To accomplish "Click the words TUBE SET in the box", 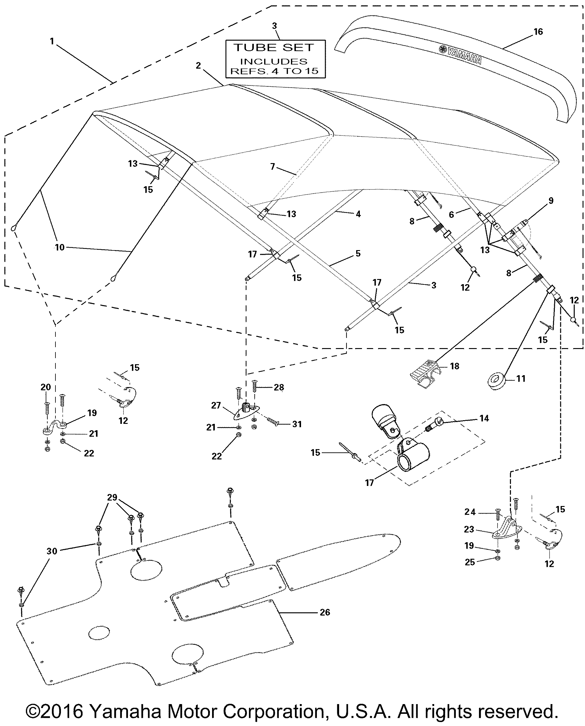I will pos(274,48).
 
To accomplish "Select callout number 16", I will pos(538,32).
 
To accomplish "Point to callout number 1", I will pos(52,41).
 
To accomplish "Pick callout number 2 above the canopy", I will pos(198,65).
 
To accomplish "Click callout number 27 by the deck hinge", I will pos(216,405).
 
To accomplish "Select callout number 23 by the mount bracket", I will pos(469,529).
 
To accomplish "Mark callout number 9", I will pos(551,201).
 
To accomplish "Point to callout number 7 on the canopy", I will pos(272,166).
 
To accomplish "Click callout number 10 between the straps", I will pos(59,247).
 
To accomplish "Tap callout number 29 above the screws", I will pos(112,497).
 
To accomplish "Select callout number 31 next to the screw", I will pos(297,424).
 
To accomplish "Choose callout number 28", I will pos(279,388).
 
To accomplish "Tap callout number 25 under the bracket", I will pos(470,562).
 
